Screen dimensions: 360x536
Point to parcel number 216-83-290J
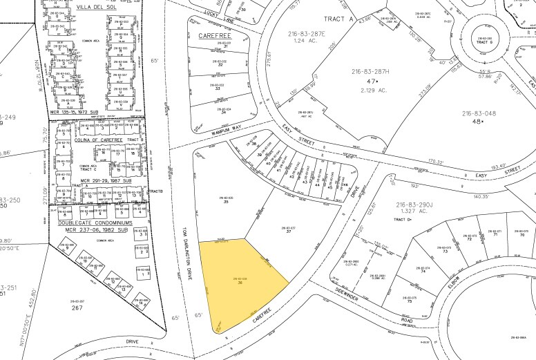[x=413, y=205]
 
